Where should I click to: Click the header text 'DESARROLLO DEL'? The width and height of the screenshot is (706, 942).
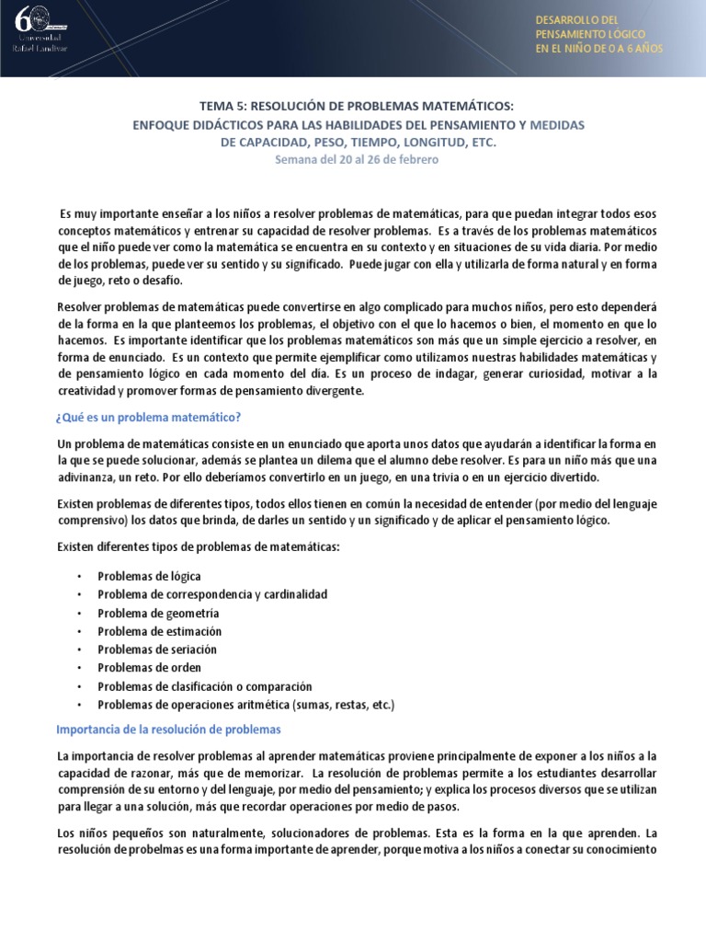point(577,20)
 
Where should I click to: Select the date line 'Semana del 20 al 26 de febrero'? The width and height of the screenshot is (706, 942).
point(357,159)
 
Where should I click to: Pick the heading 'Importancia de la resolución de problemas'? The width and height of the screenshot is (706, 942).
point(168,729)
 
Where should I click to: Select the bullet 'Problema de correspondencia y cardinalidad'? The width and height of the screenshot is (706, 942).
point(212,594)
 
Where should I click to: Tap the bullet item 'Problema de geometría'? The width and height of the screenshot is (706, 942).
point(158,613)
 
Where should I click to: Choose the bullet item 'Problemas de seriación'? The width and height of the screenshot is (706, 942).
point(159,649)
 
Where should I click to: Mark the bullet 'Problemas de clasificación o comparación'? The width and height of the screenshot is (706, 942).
point(205,686)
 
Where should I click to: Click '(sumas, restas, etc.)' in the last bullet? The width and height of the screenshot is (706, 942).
point(343,705)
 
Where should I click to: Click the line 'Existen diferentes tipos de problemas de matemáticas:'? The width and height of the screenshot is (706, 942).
point(198,547)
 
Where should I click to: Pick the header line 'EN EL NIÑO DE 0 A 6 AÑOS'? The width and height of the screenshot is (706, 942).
point(598,49)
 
